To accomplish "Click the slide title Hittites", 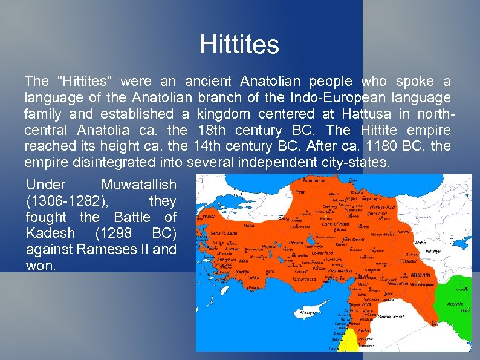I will pos(239,45).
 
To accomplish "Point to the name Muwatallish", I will pos(139,185).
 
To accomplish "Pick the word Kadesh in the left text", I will pos(51,234).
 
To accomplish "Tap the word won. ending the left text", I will pos(41,266).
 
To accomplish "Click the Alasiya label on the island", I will pos(309,314).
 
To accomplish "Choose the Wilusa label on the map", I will pos(209,216).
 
